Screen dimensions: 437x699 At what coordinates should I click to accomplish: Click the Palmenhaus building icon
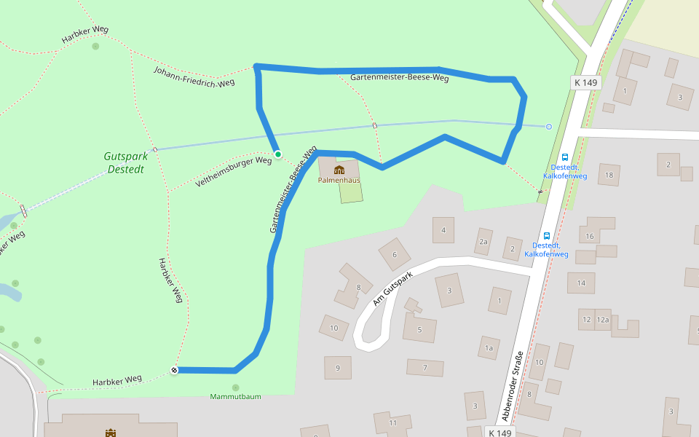[339, 170]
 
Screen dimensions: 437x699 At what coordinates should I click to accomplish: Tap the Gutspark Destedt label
[125, 162]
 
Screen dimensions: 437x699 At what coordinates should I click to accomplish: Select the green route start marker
[278, 154]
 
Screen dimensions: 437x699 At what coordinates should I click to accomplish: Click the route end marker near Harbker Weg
[175, 370]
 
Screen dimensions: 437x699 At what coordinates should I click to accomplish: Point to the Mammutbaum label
[235, 396]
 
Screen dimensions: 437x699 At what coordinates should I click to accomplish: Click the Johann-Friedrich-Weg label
[194, 76]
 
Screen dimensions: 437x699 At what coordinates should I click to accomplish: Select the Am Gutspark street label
[392, 288]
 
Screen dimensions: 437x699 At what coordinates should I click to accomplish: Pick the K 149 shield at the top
[585, 82]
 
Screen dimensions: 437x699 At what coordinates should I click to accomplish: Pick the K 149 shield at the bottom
[501, 433]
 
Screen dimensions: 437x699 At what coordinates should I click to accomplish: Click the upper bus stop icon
[565, 157]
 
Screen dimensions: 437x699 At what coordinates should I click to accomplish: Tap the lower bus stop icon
[546, 235]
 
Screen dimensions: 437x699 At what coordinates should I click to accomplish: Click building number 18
[609, 175]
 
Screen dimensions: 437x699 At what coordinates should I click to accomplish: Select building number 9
[337, 368]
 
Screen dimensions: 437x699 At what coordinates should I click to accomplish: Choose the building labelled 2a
[483, 241]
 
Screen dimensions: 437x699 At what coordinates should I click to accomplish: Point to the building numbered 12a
[602, 320]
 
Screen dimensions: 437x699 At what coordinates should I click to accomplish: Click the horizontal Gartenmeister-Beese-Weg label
[399, 77]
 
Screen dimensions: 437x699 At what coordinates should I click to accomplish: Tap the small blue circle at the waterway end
[549, 127]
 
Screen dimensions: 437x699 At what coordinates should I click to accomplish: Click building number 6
[395, 255]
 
